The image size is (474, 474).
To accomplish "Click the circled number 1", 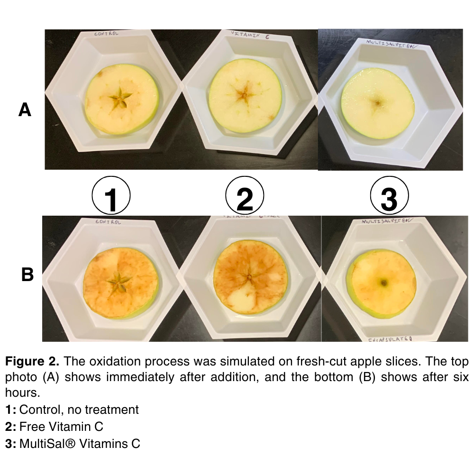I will [x=111, y=196].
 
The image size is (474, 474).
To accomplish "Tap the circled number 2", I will [x=244, y=196].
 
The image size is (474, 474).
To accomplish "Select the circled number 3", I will [x=389, y=196].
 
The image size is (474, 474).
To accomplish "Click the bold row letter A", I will [x=25, y=110].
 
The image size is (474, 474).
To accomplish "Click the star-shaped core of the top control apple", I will [x=119, y=99].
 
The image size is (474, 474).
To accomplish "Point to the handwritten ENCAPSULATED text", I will [x=392, y=339].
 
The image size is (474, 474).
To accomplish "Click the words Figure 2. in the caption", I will [x=32, y=361].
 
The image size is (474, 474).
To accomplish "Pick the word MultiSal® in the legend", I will [x=47, y=444].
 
